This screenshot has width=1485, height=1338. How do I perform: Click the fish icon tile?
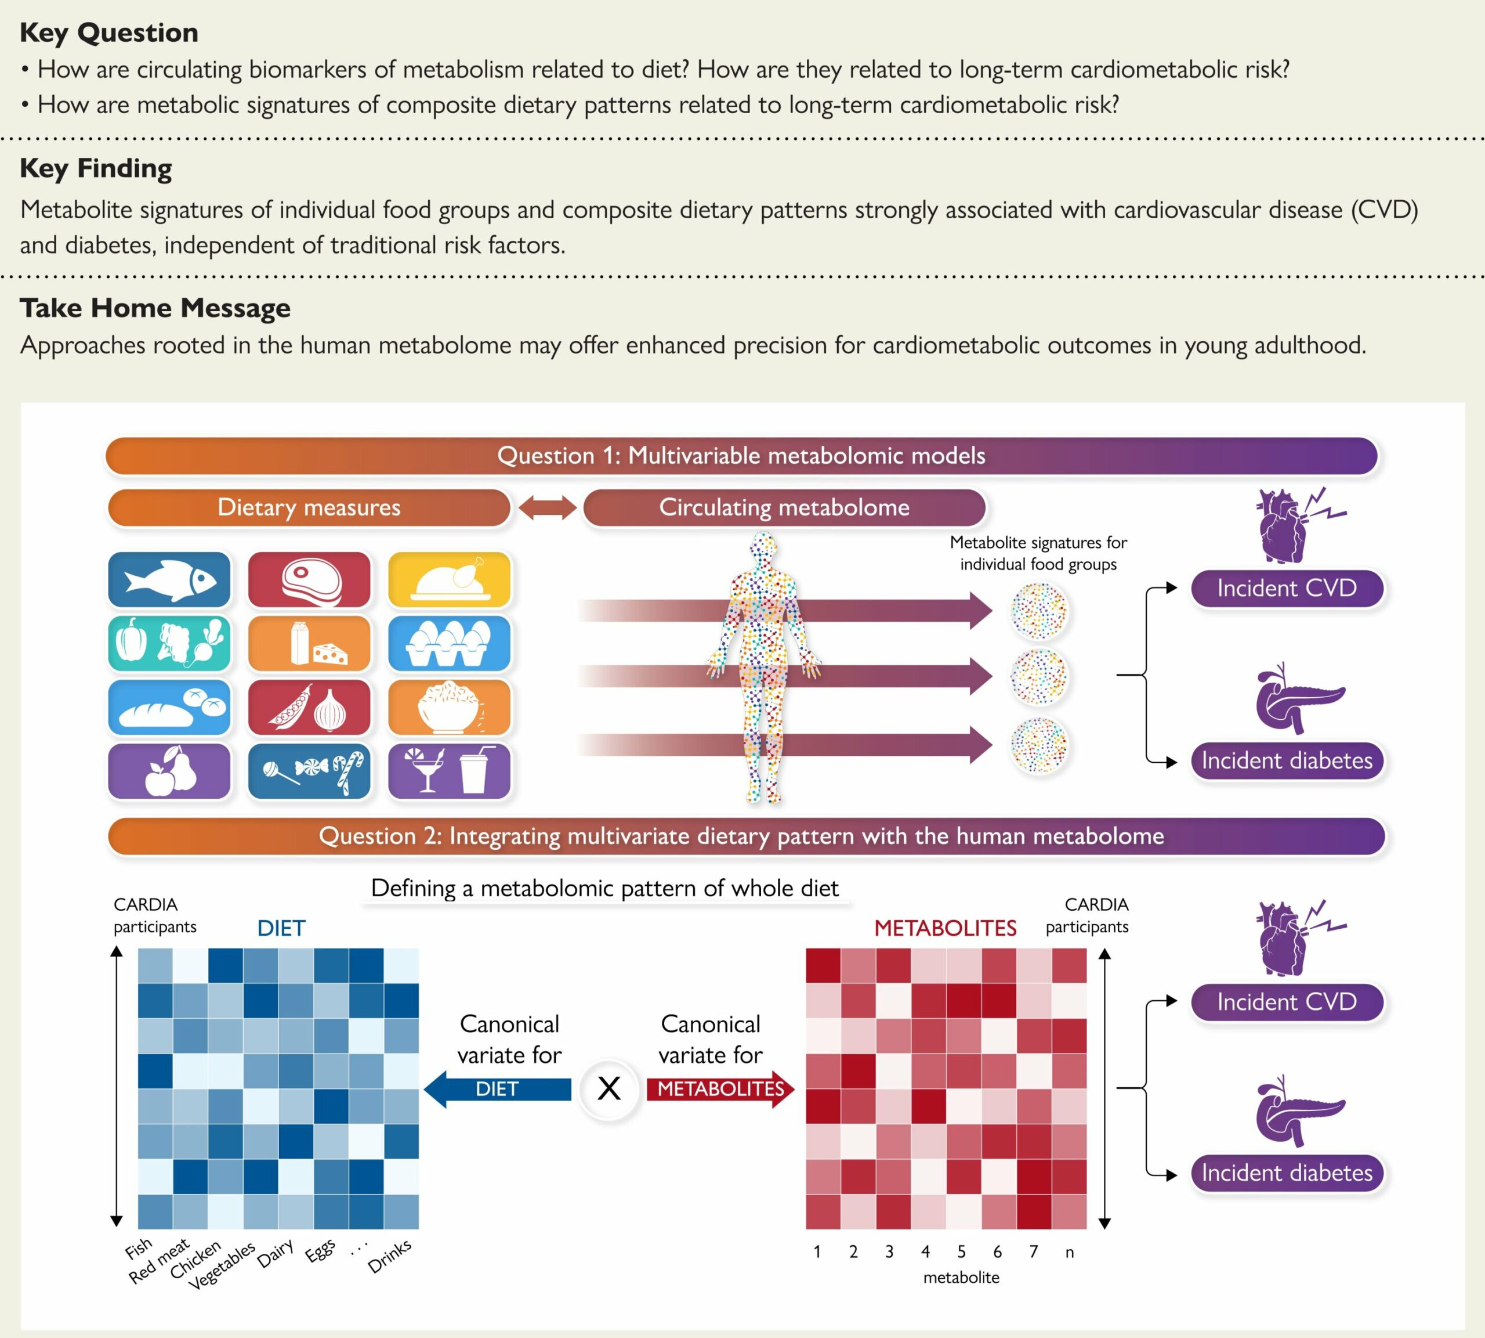tap(169, 579)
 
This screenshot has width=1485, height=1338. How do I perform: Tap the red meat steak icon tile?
tap(309, 579)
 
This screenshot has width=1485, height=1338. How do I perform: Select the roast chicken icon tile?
tap(449, 579)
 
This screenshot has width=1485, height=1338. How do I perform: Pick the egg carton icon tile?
tap(449, 643)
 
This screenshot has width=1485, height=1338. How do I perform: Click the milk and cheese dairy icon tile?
tap(309, 643)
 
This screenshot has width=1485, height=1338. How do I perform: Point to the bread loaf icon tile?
tap(169, 707)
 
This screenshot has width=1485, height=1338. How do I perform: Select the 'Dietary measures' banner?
tap(309, 507)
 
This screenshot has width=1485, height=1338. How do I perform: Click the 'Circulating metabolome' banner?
tap(784, 507)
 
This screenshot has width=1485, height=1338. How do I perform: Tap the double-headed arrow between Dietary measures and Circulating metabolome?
tap(548, 507)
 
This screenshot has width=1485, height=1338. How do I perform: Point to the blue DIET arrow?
tap(498, 1089)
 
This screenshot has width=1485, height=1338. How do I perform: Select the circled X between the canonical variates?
tap(609, 1089)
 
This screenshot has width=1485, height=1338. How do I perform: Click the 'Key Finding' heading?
tap(96, 168)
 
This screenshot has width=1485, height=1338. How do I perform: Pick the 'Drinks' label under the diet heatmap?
tap(389, 1256)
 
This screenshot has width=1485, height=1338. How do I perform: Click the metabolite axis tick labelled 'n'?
tap(1070, 1252)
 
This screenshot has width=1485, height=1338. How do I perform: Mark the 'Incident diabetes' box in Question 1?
tap(1287, 760)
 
